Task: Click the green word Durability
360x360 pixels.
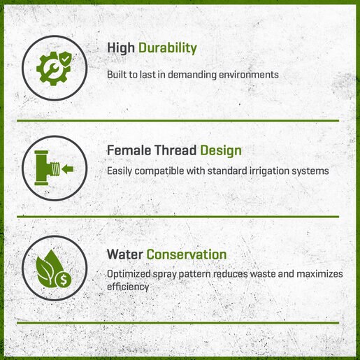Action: point(168,48)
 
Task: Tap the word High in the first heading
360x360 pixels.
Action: point(121,48)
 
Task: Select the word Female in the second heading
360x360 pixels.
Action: point(129,150)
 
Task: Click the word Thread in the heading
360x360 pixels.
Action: point(175,150)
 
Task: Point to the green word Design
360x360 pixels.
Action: point(221,151)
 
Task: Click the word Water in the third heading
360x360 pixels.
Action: point(125,254)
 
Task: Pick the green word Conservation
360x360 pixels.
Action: point(187,254)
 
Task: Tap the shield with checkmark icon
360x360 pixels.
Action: point(65,59)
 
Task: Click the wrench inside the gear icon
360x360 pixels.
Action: point(52,69)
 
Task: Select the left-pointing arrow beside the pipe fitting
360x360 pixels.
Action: point(68,169)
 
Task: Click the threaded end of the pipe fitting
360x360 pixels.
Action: point(55,169)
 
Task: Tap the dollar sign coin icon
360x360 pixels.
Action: point(64,279)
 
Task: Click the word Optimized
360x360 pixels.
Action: point(129,274)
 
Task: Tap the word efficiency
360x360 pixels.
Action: point(128,287)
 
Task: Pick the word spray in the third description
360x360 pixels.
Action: point(164,275)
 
